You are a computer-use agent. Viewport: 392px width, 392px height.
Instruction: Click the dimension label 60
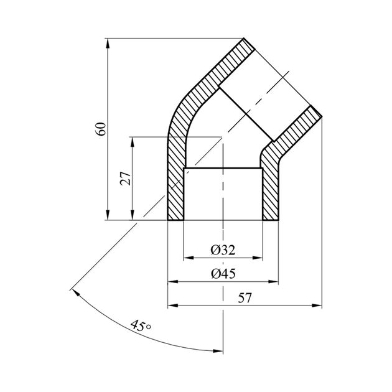click(x=102, y=129)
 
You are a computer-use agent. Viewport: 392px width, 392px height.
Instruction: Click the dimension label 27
click(x=126, y=178)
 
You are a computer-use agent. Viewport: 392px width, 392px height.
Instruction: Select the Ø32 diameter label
click(x=223, y=250)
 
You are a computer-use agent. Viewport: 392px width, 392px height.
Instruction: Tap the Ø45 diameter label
click(x=223, y=274)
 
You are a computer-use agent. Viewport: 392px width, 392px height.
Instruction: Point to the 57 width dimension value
click(x=245, y=298)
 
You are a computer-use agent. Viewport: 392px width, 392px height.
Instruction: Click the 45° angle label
click(x=141, y=326)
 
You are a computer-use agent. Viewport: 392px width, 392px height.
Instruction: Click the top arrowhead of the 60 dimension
click(x=108, y=44)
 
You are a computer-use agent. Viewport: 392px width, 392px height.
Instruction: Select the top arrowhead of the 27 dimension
click(x=133, y=142)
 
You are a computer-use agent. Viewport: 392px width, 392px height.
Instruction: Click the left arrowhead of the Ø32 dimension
click(x=189, y=258)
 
